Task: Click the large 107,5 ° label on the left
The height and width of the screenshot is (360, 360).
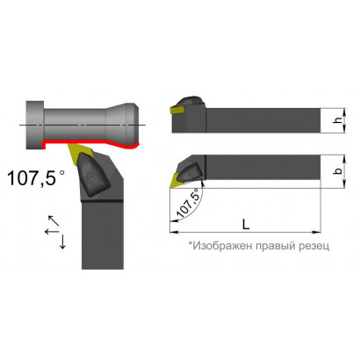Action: (x=36, y=177)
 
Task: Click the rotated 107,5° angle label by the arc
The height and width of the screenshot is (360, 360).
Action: (x=188, y=203)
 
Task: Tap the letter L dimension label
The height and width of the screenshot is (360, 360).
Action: (x=246, y=224)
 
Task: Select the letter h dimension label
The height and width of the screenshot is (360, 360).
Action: (x=338, y=120)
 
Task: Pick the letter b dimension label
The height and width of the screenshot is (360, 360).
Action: (x=338, y=171)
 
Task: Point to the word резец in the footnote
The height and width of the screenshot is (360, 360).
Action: (x=314, y=246)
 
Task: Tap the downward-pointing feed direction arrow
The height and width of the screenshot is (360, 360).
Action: (x=62, y=241)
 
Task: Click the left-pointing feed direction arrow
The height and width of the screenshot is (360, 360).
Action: (x=52, y=232)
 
